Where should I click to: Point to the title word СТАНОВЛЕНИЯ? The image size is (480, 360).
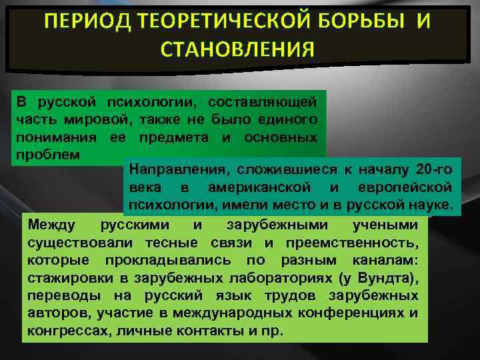tap(238, 50)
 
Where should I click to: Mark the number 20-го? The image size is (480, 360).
tap(433, 168)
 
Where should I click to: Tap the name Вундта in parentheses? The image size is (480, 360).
tap(387, 277)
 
